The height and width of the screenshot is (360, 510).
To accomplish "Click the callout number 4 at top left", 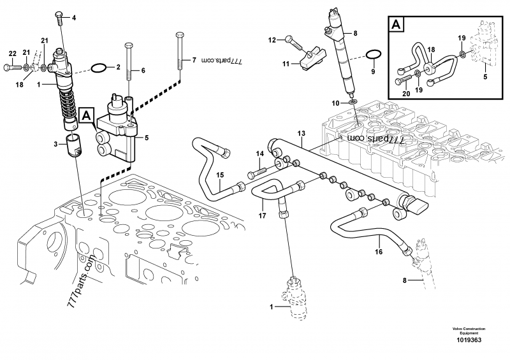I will point(73,17).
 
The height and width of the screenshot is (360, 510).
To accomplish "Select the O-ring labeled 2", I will point(99,66).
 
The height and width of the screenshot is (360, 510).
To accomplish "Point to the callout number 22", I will point(12,53).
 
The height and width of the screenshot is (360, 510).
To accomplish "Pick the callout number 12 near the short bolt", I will point(272,40).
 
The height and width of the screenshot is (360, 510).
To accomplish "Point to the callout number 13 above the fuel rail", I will point(302,133).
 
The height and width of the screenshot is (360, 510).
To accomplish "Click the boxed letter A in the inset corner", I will point(397,25).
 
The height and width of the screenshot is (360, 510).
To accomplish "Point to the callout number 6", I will point(143,70).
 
